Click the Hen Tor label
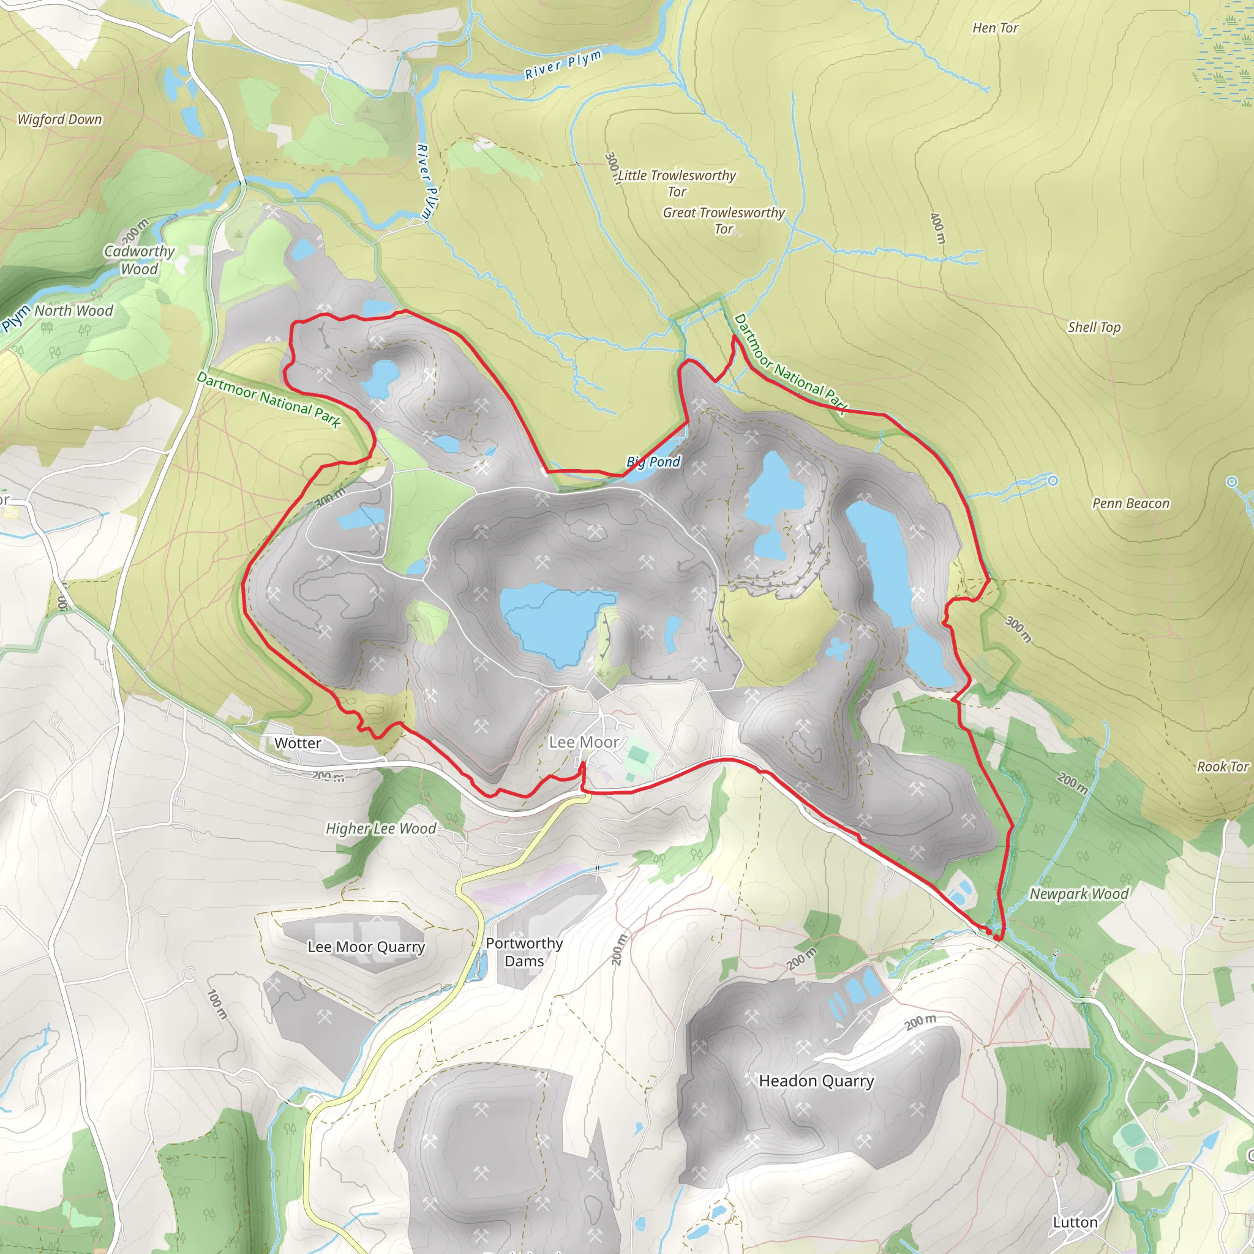(995, 28)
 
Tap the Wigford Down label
(60, 119)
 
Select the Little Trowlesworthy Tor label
(677, 183)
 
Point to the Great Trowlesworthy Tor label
(723, 220)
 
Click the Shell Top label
(1094, 327)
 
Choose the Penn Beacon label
(1131, 504)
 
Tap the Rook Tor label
(1222, 767)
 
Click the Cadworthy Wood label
(140, 260)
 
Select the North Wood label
(73, 311)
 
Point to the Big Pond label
(653, 462)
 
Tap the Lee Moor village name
(584, 742)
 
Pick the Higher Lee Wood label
(381, 829)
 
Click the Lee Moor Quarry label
(366, 947)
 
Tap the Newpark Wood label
(1079, 894)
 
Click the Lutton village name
(1075, 1222)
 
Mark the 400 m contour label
(937, 228)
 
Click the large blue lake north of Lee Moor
(552, 623)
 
